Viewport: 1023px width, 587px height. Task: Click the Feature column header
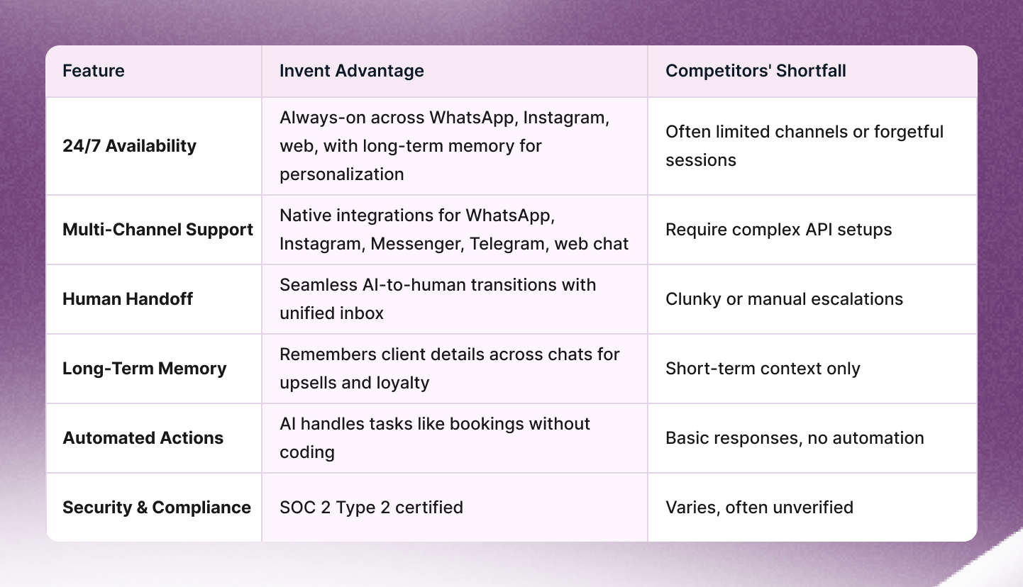click(x=94, y=71)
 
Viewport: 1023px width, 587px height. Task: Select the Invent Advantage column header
click(x=351, y=71)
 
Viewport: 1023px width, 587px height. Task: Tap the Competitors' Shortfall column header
click(x=756, y=71)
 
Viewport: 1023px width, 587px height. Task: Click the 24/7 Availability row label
click(x=129, y=146)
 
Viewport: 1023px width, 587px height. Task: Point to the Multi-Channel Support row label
click(x=157, y=230)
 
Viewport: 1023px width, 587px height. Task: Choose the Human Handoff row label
click(x=128, y=299)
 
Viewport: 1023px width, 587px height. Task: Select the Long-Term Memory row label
click(x=145, y=369)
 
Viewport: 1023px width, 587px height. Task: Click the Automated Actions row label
click(x=143, y=438)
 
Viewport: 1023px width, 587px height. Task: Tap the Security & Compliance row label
click(x=157, y=508)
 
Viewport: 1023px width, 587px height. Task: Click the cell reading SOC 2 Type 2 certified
click(x=371, y=508)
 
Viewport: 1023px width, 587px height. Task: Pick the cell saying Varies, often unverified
click(x=759, y=508)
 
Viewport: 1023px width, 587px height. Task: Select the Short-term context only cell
click(x=763, y=369)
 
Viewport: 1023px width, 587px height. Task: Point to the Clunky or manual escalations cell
click(x=784, y=299)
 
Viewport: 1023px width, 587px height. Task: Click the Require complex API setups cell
click(x=778, y=230)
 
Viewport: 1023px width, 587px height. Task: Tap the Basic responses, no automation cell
click(x=795, y=438)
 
